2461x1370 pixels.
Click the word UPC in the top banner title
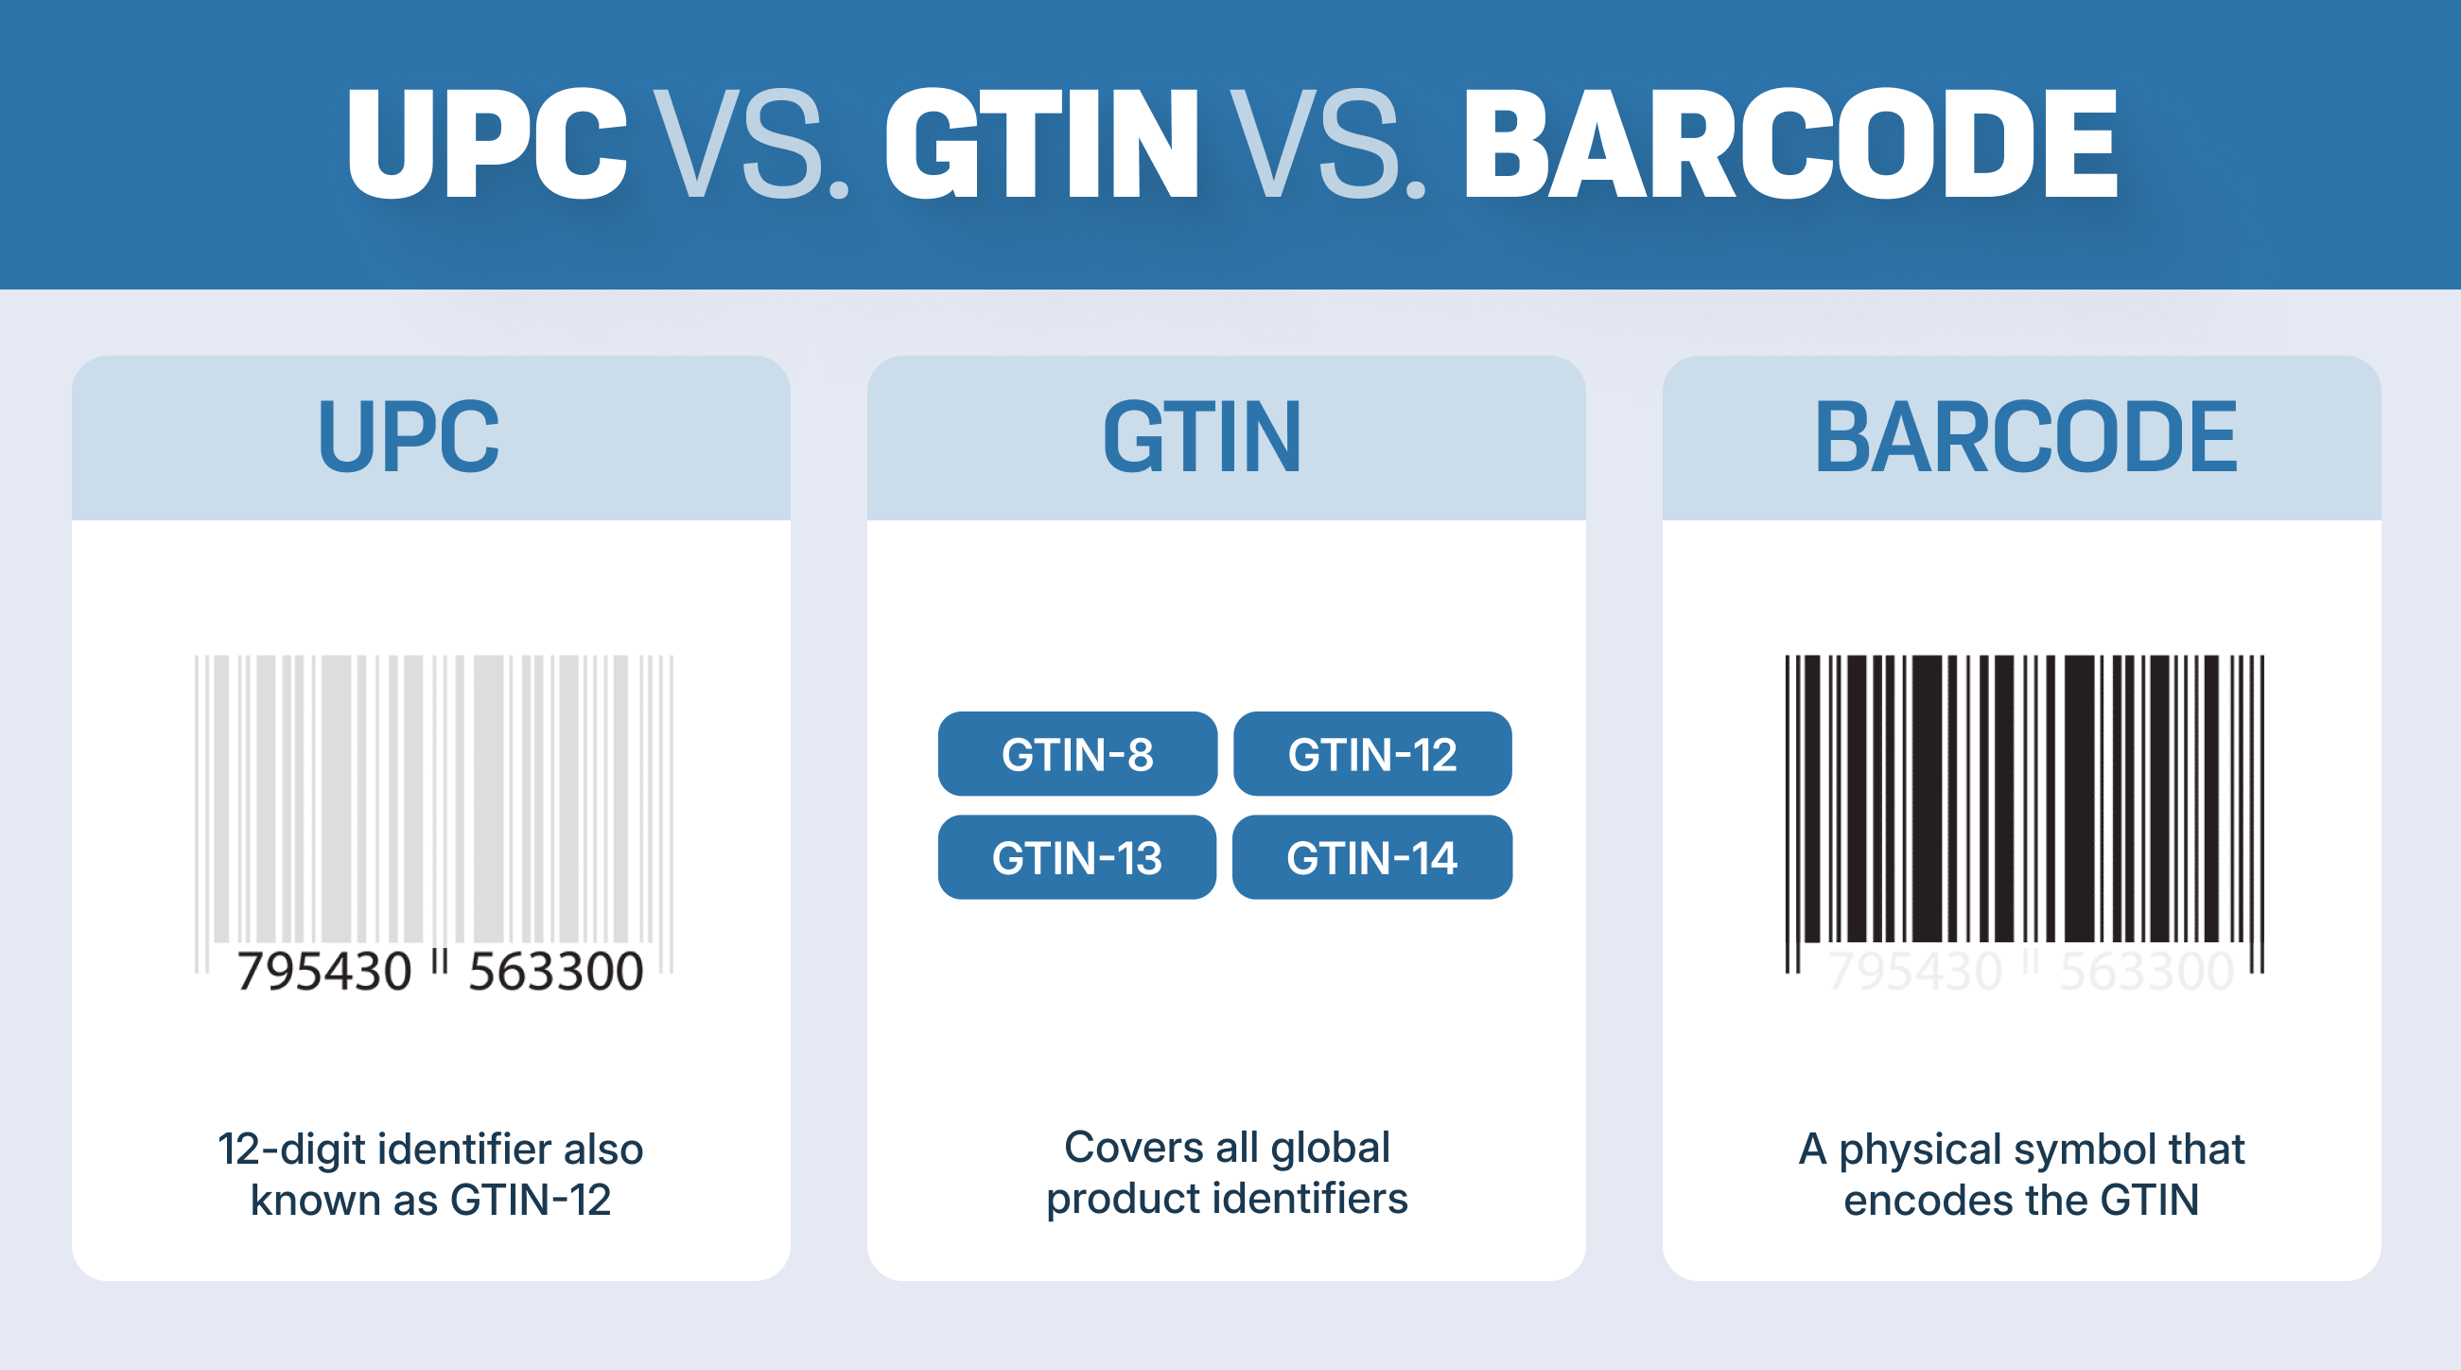486,143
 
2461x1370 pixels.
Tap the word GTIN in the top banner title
1041,143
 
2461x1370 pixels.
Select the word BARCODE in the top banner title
1790,143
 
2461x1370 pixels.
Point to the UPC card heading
408,437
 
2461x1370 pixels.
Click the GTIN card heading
1202,437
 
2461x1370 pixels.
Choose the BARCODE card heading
2025,437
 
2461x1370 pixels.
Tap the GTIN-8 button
1077,754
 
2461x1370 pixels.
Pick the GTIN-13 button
1077,857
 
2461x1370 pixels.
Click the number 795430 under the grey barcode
323,972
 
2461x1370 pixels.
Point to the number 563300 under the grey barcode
556,972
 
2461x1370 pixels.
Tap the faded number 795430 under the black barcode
1914,972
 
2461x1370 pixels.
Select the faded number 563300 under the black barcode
2147,972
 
